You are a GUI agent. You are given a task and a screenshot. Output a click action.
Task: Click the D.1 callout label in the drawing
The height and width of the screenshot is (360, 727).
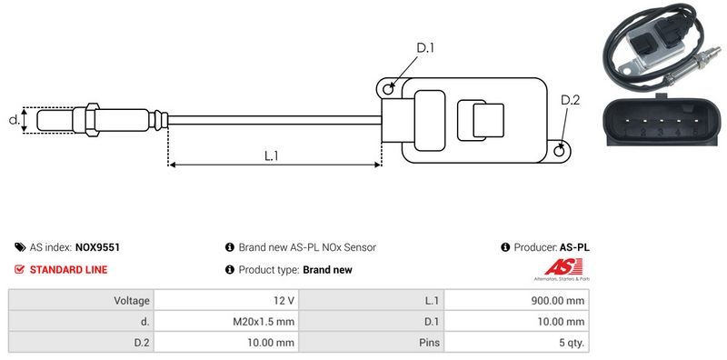point(424,48)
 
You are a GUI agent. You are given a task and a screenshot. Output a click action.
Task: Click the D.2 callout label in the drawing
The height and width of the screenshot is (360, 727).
point(571,100)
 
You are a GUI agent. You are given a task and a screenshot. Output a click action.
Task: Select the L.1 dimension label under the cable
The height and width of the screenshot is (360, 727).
point(271,155)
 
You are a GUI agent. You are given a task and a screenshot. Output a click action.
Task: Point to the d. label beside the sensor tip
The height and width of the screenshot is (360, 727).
point(14,120)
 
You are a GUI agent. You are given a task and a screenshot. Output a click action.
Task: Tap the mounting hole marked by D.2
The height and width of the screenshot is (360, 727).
point(560,151)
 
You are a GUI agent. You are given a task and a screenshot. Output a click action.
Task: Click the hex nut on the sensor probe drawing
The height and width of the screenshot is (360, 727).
point(92,120)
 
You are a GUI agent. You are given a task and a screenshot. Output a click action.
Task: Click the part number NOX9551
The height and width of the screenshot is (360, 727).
point(97,247)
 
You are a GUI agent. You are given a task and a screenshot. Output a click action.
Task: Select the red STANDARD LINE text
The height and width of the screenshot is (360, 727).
point(69,269)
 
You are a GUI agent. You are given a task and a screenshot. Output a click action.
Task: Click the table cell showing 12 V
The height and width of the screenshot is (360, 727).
point(226,301)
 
